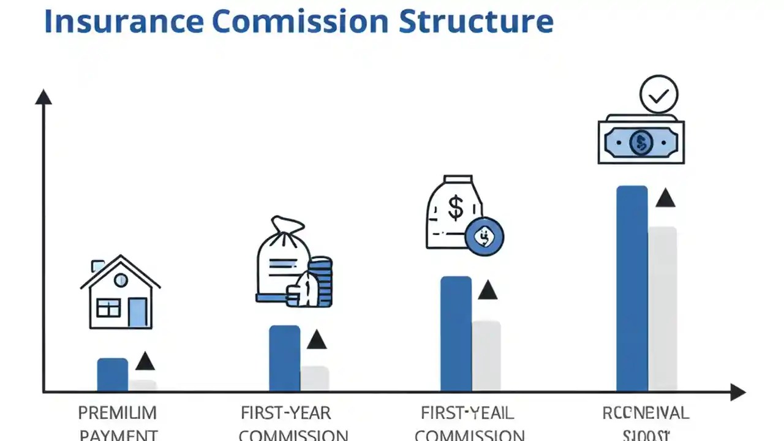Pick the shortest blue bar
pos(113,375)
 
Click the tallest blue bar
pos(632,288)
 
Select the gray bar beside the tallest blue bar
pos(663,309)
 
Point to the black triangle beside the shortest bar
pos(145,362)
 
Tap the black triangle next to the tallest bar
pos(665,199)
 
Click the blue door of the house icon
pos(137,312)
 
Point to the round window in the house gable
pos(121,281)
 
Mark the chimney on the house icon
pos(98,266)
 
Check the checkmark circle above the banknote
pos(658,95)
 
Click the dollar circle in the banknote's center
pos(641,143)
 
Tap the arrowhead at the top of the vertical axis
pos(43,97)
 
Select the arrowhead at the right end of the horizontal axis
pos(737,392)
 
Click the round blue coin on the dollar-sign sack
pos(484,236)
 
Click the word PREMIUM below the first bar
pos(118,413)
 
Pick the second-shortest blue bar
pos(285,358)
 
